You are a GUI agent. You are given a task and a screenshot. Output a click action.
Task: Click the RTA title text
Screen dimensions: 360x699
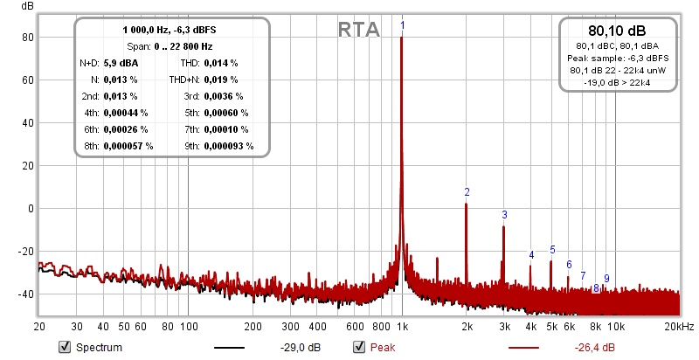coord(358,30)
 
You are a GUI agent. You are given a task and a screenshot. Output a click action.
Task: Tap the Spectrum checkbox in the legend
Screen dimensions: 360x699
coord(64,348)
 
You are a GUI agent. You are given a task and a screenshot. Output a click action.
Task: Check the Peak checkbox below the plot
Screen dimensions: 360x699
coord(358,348)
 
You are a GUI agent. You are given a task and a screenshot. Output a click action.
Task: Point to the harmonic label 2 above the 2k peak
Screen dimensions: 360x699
coord(467,192)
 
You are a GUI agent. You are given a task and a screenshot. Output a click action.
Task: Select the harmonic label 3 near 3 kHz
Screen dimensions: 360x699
coord(504,215)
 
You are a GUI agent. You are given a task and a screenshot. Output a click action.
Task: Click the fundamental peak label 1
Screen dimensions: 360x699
coord(402,26)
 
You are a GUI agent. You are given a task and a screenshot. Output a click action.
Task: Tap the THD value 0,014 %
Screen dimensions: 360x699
coord(222,63)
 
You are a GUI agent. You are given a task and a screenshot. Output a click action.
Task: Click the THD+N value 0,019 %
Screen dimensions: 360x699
coord(222,80)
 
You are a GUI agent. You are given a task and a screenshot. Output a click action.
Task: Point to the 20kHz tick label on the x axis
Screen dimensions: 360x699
coord(678,327)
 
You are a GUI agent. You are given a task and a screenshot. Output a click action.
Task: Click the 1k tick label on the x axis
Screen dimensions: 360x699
coord(402,327)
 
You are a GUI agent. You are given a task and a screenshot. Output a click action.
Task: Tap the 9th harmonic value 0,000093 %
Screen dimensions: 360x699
coord(229,145)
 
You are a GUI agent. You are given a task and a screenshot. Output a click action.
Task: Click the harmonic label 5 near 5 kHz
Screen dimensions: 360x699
coord(552,250)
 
